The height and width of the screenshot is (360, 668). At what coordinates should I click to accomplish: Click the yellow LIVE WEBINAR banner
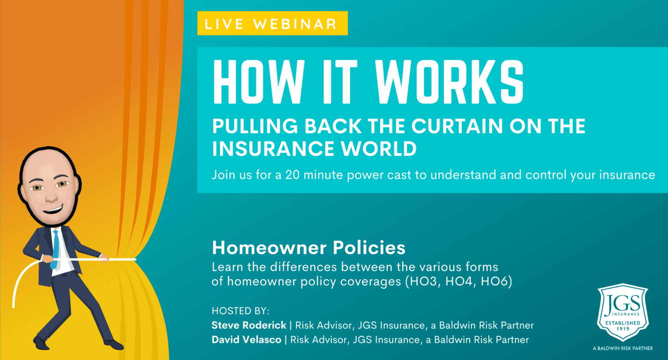click(272, 23)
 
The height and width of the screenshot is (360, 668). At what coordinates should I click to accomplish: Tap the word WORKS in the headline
click(449, 82)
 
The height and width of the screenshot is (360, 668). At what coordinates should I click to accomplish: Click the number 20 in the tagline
click(292, 175)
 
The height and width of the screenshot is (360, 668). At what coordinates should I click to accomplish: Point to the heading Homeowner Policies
click(309, 248)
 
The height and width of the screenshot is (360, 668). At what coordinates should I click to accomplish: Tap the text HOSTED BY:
click(240, 311)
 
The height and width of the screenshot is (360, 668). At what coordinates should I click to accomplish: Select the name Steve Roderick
click(248, 325)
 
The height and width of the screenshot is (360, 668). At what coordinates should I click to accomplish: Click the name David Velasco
click(246, 340)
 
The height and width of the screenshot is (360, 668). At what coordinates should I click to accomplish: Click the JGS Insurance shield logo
click(623, 312)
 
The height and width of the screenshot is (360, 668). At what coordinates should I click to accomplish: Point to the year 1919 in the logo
click(623, 329)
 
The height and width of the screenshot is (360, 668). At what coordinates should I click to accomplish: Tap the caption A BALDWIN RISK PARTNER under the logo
click(623, 348)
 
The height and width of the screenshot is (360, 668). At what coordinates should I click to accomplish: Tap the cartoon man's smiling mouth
click(53, 209)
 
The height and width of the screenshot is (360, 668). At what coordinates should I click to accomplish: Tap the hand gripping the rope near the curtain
click(104, 258)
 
